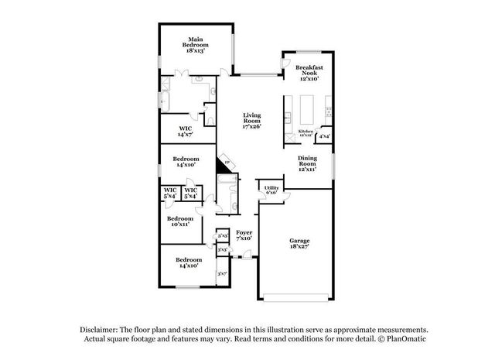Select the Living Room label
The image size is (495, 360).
251,118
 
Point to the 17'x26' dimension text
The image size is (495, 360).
251,127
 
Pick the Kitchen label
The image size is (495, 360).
306,132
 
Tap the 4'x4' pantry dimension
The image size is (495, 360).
325,136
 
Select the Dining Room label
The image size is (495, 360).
308,161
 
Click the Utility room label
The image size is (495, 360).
271,187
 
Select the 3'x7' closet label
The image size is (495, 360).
223,273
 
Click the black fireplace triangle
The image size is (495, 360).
226,165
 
